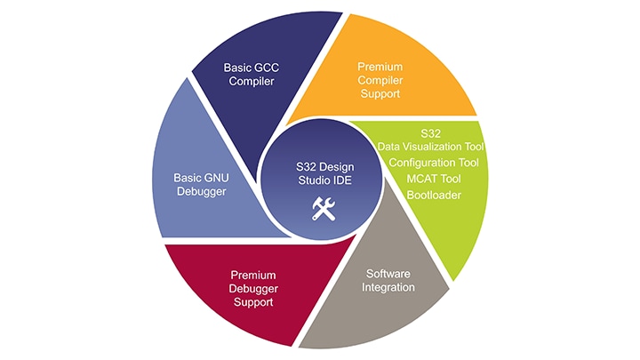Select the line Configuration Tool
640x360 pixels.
click(x=435, y=163)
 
